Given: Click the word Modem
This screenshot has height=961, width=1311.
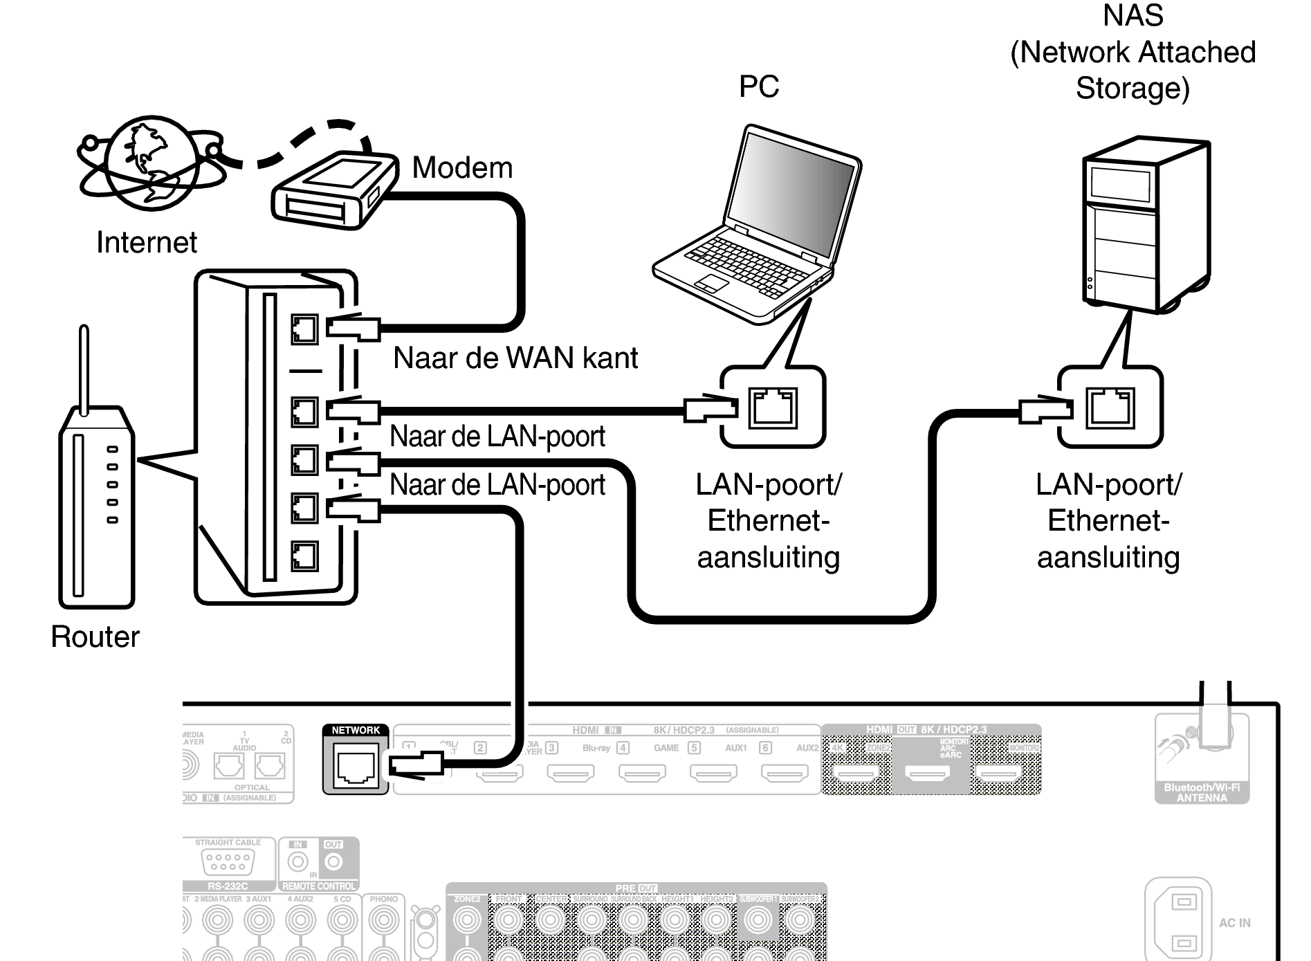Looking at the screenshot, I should (462, 168).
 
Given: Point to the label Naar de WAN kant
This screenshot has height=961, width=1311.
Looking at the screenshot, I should (515, 358).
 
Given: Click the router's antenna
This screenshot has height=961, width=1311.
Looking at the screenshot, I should (84, 370).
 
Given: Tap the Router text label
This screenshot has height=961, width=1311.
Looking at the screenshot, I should (95, 637).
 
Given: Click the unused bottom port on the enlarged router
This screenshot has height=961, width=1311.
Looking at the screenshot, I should (304, 556).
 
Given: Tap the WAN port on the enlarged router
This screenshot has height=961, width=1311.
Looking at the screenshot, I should (304, 329).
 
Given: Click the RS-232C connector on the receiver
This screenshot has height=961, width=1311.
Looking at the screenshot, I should (228, 861).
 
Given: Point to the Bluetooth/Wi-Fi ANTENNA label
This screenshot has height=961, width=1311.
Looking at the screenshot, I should (1202, 793).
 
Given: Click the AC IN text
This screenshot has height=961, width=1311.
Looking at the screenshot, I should (1234, 923).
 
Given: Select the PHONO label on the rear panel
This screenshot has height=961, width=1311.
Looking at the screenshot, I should (383, 899).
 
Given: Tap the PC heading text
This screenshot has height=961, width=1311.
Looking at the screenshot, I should (759, 87).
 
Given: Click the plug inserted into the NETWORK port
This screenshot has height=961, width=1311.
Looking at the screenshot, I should (415, 765).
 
